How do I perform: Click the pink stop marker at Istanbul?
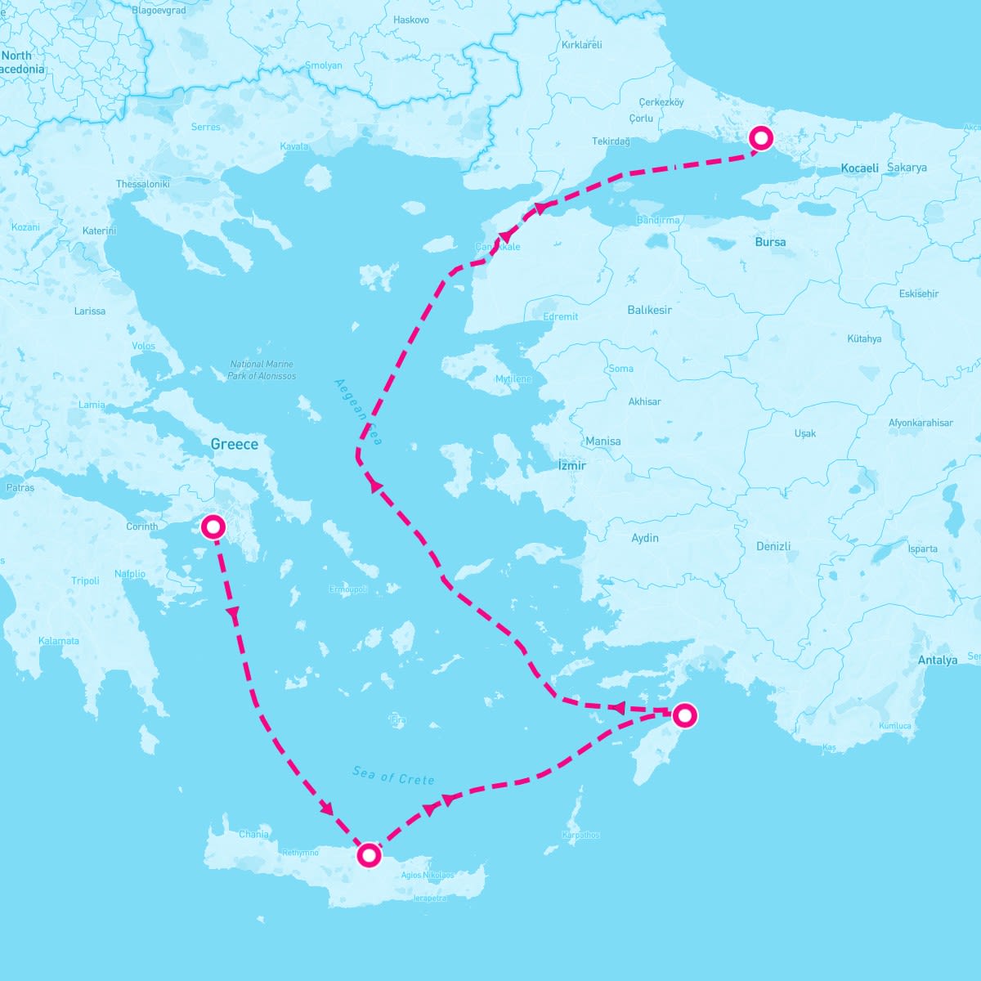(x=760, y=138)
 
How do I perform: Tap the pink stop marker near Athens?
(x=213, y=527)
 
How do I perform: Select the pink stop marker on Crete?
(x=370, y=855)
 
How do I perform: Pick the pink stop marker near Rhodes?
(x=684, y=716)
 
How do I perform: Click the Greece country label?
(x=234, y=445)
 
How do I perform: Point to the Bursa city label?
(x=770, y=242)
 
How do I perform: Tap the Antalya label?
(x=937, y=660)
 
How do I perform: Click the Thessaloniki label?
(x=142, y=184)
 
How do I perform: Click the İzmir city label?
(x=572, y=465)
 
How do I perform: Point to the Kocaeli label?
(x=860, y=168)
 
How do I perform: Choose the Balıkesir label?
(x=649, y=310)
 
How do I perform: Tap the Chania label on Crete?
(x=253, y=835)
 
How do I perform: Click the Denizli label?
(x=773, y=546)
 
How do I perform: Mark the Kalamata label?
(x=59, y=641)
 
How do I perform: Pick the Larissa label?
(x=89, y=311)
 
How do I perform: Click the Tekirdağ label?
(x=611, y=141)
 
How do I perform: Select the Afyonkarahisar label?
(x=921, y=423)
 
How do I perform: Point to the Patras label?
(x=20, y=488)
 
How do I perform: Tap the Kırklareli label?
(x=581, y=45)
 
